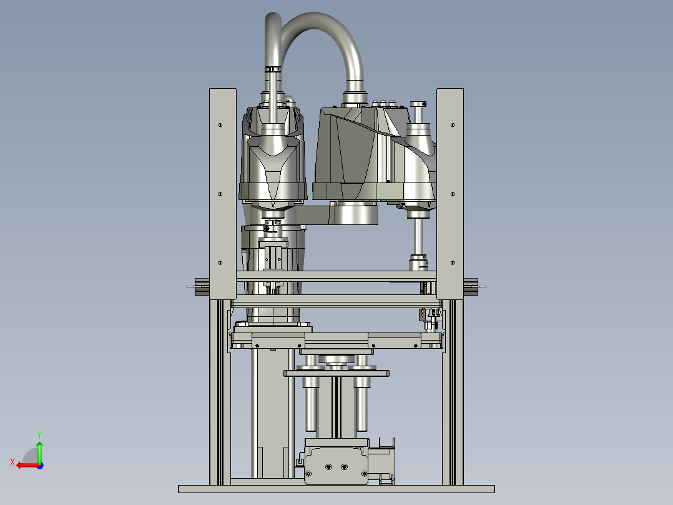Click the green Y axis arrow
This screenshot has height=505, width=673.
pyautogui.click(x=39, y=451)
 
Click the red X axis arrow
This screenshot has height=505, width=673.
pyautogui.click(x=28, y=465)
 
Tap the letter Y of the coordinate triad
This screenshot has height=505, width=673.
pyautogui.click(x=39, y=434)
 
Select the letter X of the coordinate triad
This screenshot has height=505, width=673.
pyautogui.click(x=12, y=462)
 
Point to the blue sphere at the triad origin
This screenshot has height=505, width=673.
pyautogui.click(x=40, y=466)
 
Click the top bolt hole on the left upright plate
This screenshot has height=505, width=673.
pyautogui.click(x=220, y=125)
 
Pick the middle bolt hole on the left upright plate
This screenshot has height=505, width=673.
pyautogui.click(x=220, y=194)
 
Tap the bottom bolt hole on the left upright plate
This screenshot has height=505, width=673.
pyautogui.click(x=220, y=262)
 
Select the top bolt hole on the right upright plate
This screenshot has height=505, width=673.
pyautogui.click(x=453, y=125)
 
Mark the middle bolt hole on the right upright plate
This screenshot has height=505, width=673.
pyautogui.click(x=453, y=194)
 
